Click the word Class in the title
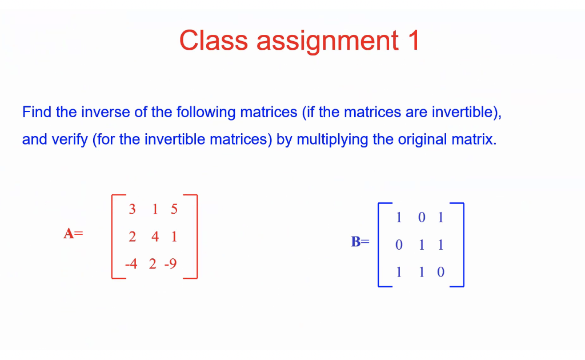(x=213, y=41)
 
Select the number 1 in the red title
(x=413, y=41)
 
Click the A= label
(x=73, y=234)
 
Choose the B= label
(x=360, y=242)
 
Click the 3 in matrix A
(x=133, y=209)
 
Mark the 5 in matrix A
(x=174, y=209)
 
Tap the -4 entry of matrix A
(x=131, y=264)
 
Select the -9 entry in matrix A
(x=170, y=264)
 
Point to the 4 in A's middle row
(x=155, y=237)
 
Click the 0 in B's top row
(x=422, y=218)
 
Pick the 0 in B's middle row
(x=399, y=245)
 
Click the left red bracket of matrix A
(x=113, y=237)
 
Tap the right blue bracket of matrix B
(x=462, y=244)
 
